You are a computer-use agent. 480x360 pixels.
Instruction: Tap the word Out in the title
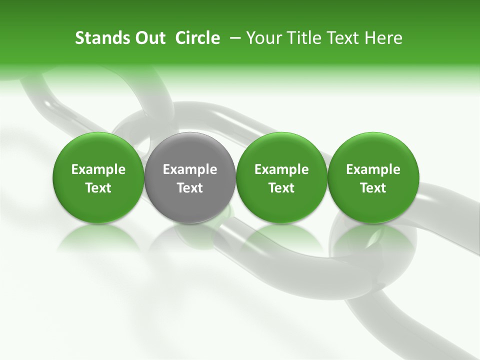tap(148, 38)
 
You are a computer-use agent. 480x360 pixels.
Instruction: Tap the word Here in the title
tap(383, 38)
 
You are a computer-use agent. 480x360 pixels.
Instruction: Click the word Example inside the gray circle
tap(190, 170)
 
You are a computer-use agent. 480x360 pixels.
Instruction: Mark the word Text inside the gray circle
tap(190, 188)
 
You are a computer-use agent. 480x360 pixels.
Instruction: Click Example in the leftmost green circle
tap(98, 170)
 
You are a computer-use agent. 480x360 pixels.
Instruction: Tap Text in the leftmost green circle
tap(98, 188)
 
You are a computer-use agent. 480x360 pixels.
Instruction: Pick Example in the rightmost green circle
tap(373, 170)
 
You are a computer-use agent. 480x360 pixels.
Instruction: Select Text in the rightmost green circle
tap(373, 188)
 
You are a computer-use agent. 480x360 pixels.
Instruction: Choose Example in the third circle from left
tap(281, 170)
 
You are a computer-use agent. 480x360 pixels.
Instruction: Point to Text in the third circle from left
tap(281, 188)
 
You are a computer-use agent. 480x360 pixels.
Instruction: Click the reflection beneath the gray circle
tap(190, 237)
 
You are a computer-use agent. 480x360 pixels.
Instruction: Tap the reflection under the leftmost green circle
tap(98, 237)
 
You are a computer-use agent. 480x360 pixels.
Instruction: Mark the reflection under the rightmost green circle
tap(373, 237)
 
